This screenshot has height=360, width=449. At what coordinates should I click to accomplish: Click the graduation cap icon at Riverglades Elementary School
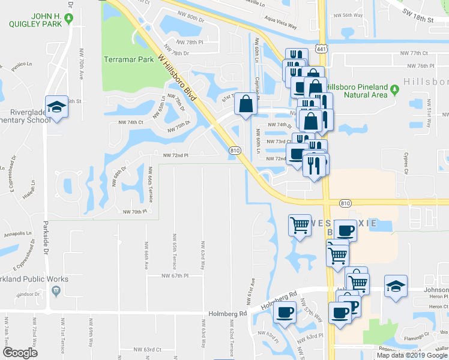click(x=56, y=106)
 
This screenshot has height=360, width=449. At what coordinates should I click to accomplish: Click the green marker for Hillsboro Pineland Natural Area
click(x=394, y=90)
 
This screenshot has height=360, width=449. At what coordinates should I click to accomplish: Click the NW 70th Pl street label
click(x=134, y=211)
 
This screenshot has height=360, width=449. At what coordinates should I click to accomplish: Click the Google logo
click(x=20, y=353)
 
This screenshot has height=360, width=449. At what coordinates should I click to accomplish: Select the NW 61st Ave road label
click(x=253, y=289)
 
